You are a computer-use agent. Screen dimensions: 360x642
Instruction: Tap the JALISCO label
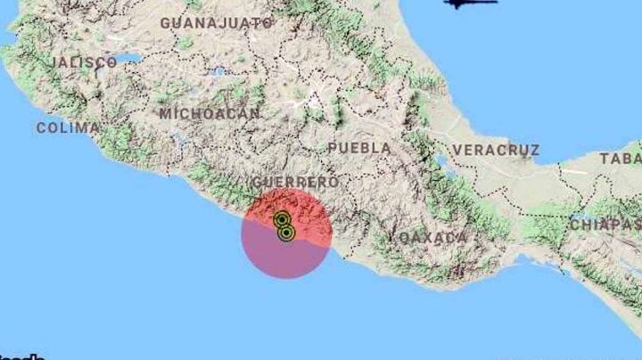(x=85, y=62)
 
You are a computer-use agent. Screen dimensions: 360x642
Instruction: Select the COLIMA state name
(x=68, y=127)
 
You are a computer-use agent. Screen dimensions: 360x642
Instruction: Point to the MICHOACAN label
(x=210, y=113)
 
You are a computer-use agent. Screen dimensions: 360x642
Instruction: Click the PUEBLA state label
(x=358, y=147)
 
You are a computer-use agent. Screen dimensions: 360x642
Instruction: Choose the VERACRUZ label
(x=496, y=150)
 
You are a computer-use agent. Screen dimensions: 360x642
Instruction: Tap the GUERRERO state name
(x=294, y=182)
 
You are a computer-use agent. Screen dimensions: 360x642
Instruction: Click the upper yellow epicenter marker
(x=282, y=219)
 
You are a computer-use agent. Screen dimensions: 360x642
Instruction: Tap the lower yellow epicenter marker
(x=286, y=233)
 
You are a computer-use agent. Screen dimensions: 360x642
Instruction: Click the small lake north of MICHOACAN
(x=218, y=70)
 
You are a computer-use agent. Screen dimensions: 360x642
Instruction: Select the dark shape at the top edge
(x=470, y=4)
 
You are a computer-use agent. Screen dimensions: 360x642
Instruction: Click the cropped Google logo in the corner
(x=21, y=356)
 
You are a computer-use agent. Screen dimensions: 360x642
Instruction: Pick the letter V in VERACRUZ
(x=457, y=150)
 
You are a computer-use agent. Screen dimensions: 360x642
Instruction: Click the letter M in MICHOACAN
(x=166, y=113)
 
